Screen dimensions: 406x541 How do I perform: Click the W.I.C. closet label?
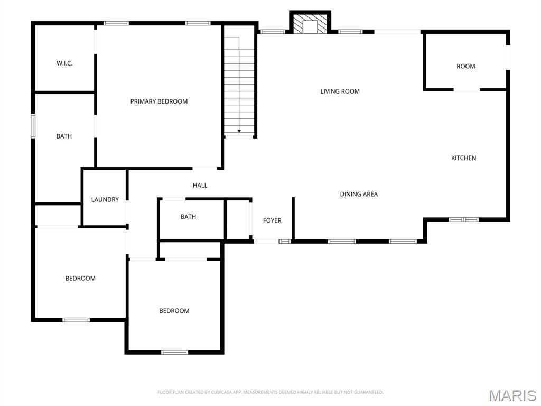click(x=64, y=63)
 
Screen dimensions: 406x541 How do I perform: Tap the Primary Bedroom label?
click(x=159, y=101)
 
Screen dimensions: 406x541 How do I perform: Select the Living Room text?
click(x=340, y=91)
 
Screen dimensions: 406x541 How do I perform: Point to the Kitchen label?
click(x=463, y=158)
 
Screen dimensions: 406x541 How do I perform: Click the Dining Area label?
click(x=359, y=194)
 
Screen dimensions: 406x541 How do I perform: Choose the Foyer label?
click(x=272, y=220)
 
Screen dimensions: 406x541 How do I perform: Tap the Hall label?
click(x=200, y=186)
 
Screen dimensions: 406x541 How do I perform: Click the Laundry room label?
click(x=105, y=200)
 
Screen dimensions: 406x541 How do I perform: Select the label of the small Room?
click(x=465, y=67)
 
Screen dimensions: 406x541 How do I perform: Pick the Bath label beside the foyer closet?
click(x=188, y=217)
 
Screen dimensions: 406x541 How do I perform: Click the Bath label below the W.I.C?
click(x=64, y=136)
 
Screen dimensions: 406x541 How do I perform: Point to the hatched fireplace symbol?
click(x=309, y=24)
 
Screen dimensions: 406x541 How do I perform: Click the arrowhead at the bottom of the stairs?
click(x=239, y=131)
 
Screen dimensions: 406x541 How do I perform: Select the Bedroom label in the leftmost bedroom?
click(x=80, y=279)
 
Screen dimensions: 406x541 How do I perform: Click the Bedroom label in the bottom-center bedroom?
click(x=174, y=311)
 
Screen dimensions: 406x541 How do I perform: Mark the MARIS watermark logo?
click(x=512, y=395)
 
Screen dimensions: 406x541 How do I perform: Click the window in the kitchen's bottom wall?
click(x=463, y=219)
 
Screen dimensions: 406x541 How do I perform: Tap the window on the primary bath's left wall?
click(x=33, y=126)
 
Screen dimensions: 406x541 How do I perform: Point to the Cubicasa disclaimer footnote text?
click(x=270, y=392)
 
